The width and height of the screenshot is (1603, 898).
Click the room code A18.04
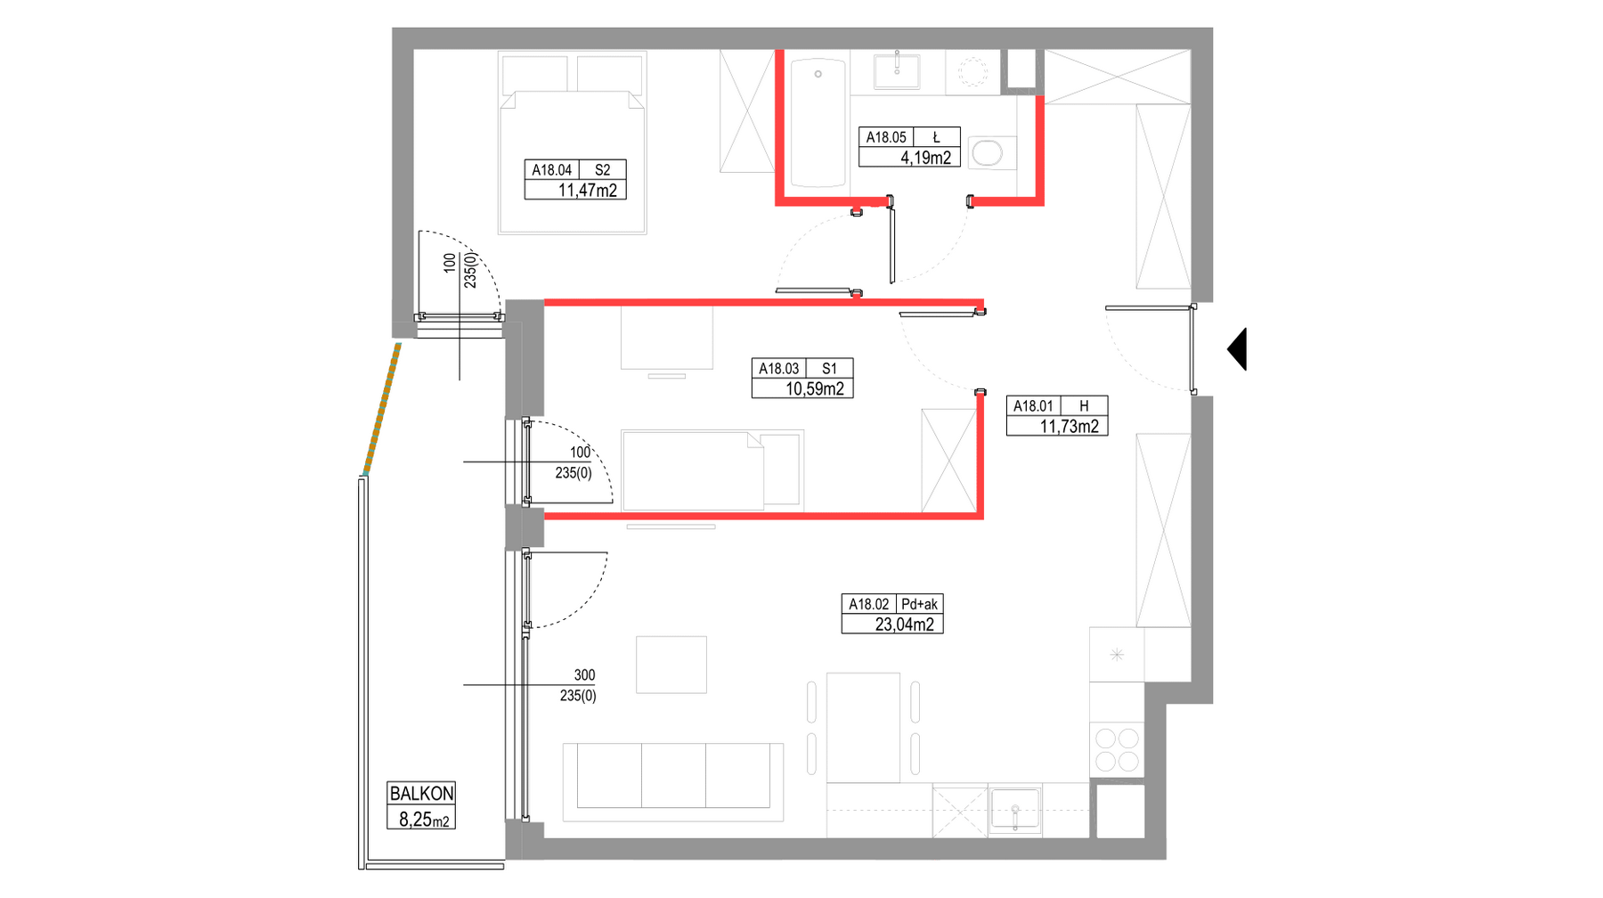tap(551, 170)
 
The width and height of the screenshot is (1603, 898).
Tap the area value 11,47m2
tap(587, 190)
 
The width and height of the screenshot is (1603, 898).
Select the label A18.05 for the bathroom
tap(886, 137)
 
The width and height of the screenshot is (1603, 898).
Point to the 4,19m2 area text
tap(925, 158)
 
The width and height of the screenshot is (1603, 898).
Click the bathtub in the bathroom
tap(818, 122)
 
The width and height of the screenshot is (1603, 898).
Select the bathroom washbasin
tap(897, 70)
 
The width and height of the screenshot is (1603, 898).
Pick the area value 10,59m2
tap(814, 388)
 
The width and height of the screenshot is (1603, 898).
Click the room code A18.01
tap(1033, 406)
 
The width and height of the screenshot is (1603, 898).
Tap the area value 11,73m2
tap(1069, 426)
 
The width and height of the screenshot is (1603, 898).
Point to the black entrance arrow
tap(1237, 349)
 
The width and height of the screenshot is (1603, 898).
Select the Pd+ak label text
tap(919, 604)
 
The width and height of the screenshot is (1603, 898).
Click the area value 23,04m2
tap(904, 625)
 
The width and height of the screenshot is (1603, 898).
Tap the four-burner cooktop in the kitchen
tap(1117, 749)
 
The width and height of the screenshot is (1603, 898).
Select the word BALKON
tap(421, 793)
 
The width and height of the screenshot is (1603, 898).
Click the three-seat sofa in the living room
tap(673, 781)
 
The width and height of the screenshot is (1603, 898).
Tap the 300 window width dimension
tap(584, 675)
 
